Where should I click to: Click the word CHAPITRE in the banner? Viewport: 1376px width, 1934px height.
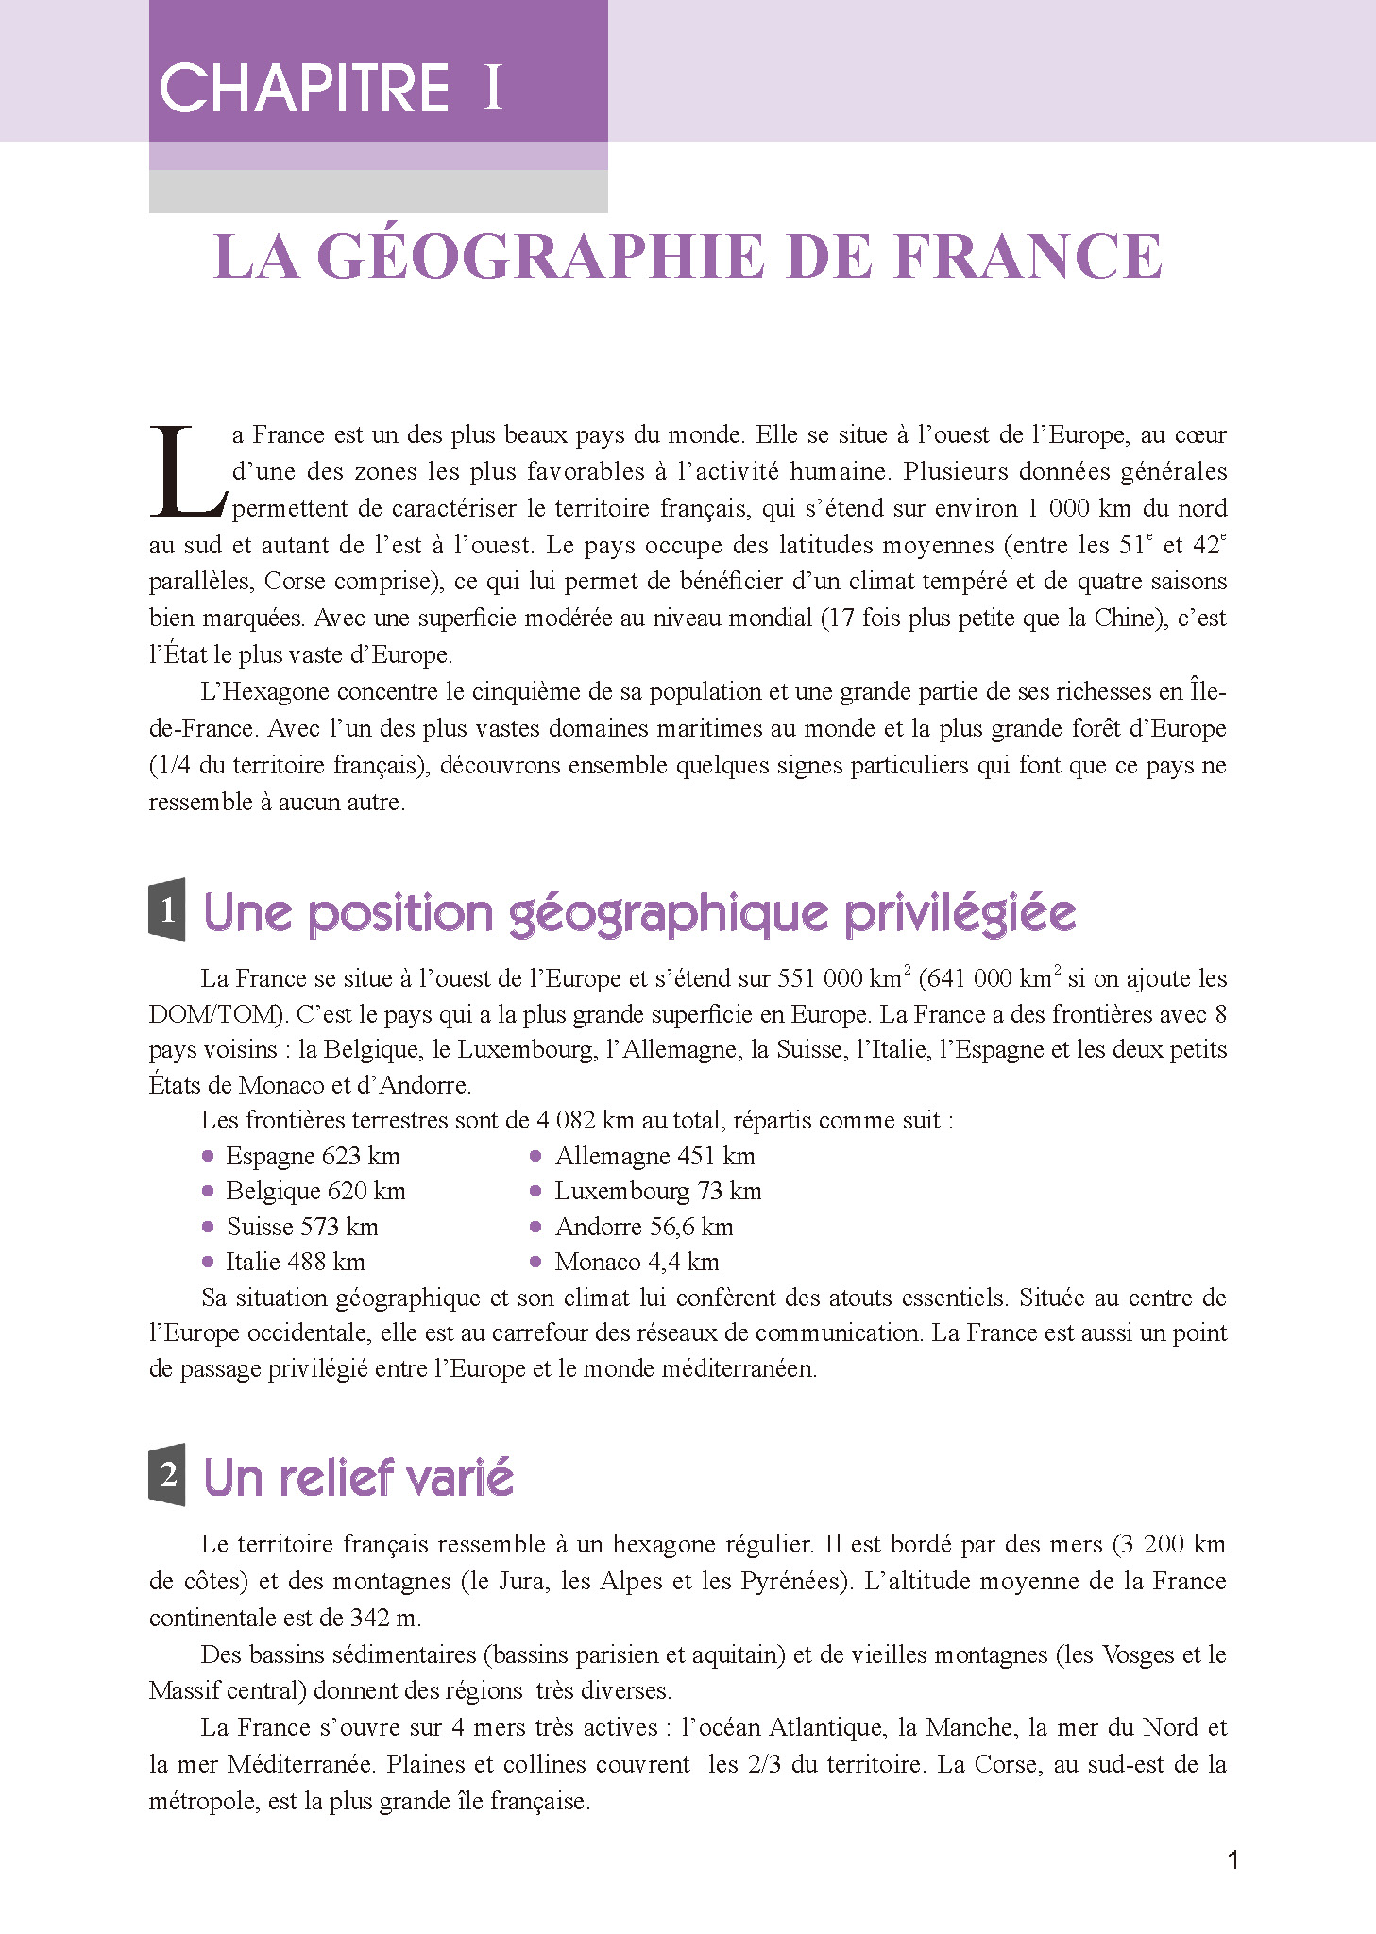(304, 89)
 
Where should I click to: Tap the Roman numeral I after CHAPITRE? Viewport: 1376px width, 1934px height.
(492, 89)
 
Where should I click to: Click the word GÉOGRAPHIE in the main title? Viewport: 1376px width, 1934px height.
(538, 257)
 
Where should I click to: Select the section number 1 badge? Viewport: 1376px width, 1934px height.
(167, 910)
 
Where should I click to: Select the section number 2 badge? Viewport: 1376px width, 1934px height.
(167, 1475)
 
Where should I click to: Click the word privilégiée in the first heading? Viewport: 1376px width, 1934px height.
(960, 914)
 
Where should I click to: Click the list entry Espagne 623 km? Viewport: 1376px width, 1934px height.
(313, 1156)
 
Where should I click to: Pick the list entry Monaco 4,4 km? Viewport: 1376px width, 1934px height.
(637, 1262)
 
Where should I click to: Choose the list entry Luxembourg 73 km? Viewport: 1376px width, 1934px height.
(657, 1191)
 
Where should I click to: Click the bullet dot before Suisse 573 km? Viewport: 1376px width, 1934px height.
(208, 1227)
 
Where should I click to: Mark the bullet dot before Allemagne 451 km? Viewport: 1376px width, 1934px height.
(535, 1156)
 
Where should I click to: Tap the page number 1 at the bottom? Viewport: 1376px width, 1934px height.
(1232, 1861)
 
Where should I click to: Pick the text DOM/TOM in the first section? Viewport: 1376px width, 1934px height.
(216, 1015)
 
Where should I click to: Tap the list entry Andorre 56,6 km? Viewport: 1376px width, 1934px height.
(643, 1227)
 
